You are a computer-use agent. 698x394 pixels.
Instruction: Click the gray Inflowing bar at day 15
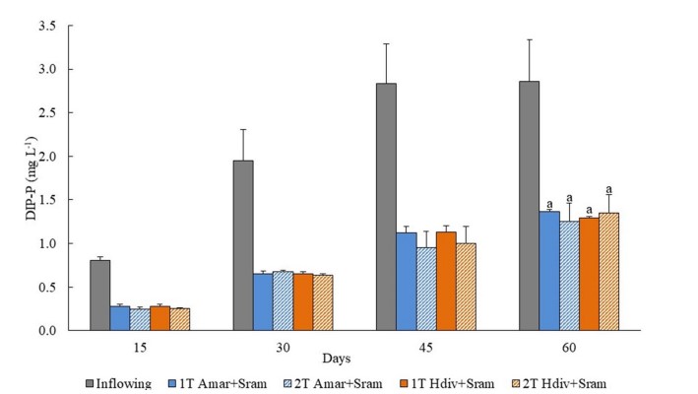[99, 295]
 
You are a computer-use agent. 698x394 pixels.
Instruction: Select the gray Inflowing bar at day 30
[242, 245]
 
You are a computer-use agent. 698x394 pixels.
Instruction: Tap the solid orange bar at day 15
[159, 318]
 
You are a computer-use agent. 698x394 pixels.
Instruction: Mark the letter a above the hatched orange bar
[609, 190]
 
